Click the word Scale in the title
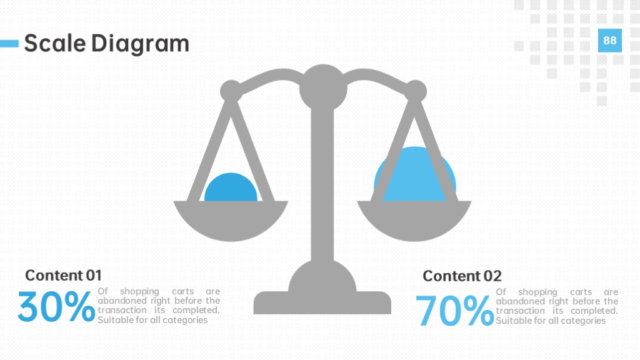55,43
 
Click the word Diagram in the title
140,44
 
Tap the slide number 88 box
610,41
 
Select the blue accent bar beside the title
9,44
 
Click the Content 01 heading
63,276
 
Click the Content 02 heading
462,276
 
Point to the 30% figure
56,306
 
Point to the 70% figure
455,311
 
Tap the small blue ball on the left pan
231,187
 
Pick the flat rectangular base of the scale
322,303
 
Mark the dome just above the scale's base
322,277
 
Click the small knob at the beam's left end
231,91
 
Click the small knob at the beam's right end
416,91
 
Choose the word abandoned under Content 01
117,301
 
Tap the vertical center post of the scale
322,184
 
